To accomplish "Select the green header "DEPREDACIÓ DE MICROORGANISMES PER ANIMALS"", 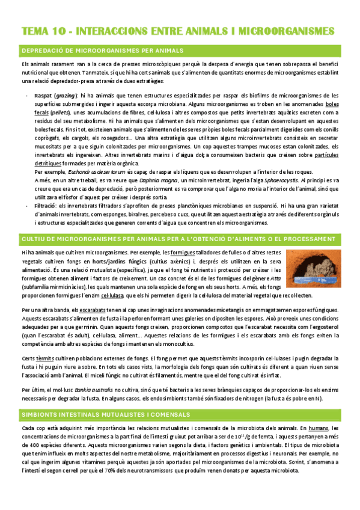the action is point(102,50).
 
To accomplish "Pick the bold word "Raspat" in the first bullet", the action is point(43,95).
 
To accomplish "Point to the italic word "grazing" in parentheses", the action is point(66,95).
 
